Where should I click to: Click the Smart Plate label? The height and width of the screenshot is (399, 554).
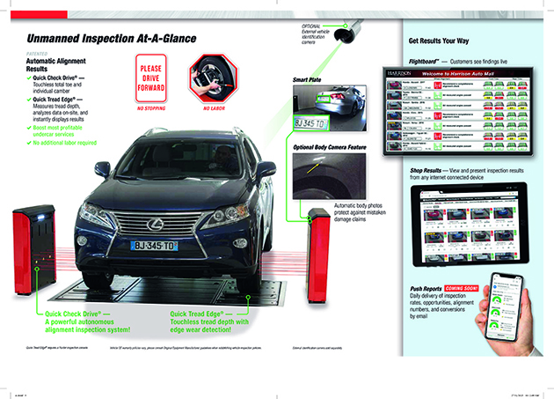click(309, 79)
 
